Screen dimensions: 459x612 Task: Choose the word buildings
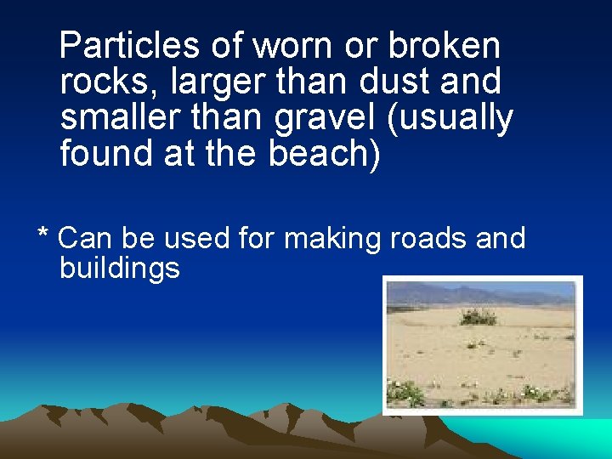(120, 269)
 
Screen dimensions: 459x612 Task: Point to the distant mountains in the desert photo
(476, 294)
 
